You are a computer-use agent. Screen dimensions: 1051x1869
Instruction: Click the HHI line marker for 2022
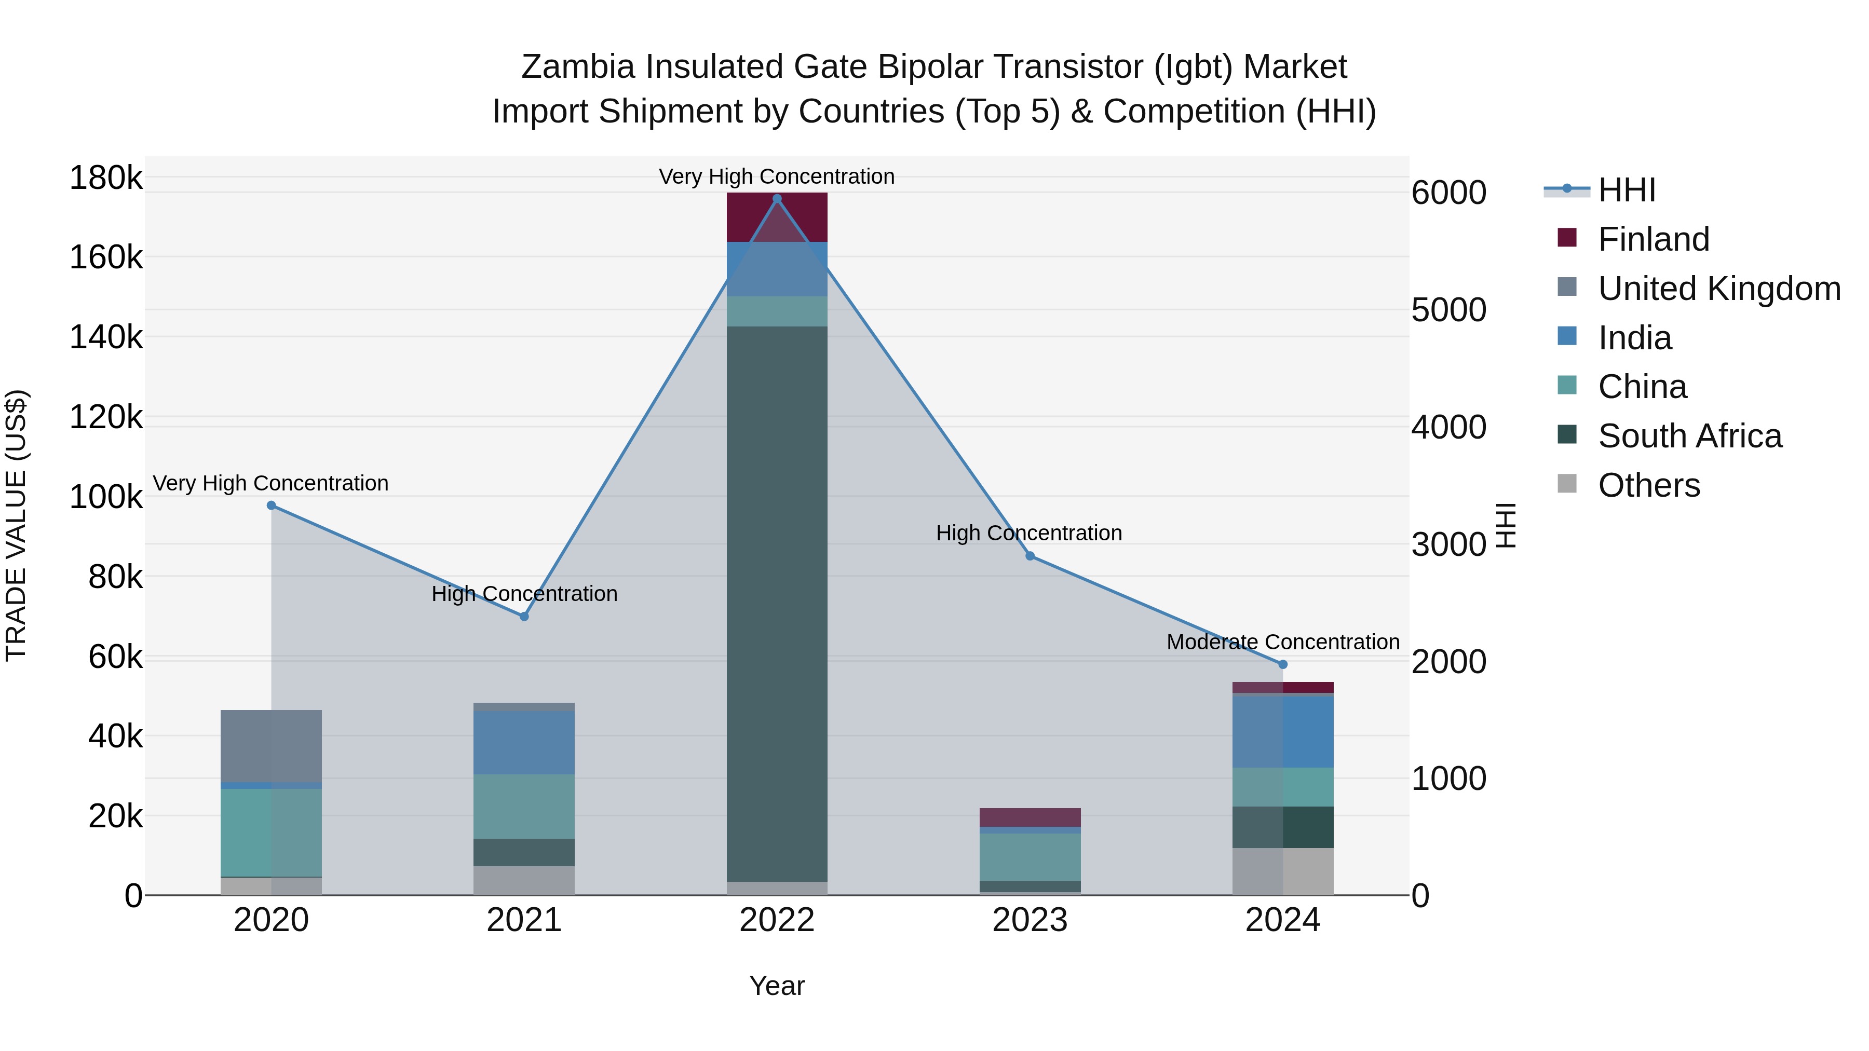[777, 199]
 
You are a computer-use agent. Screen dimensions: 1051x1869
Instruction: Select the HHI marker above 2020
[272, 506]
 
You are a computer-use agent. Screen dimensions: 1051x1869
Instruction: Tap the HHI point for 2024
[1283, 664]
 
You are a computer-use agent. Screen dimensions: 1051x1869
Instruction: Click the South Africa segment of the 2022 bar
[777, 602]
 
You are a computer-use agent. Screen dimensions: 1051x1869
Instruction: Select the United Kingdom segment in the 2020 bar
[272, 746]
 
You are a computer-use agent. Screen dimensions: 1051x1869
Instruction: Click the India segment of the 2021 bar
[524, 742]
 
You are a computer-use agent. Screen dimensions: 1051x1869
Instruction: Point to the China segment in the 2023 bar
[1030, 856]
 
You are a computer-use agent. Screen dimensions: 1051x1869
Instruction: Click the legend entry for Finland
[1654, 239]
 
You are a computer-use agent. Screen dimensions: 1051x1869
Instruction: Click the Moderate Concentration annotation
[1283, 642]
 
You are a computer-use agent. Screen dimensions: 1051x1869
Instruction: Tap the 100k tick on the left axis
[106, 498]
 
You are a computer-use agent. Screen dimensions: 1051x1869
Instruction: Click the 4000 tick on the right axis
[1448, 427]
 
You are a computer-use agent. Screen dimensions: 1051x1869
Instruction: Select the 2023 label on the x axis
[1030, 920]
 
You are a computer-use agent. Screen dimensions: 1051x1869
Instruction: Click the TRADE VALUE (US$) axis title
[16, 525]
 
